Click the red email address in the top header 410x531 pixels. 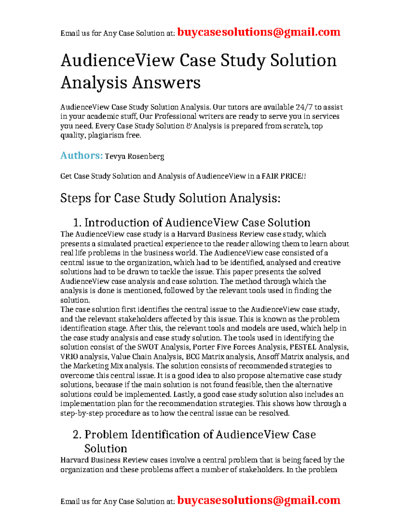click(259, 32)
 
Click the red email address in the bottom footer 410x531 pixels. click(259, 500)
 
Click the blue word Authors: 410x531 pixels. click(81, 156)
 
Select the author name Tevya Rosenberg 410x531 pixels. click(134, 157)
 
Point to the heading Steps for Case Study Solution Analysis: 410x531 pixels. click(170, 198)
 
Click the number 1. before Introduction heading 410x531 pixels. click(77, 223)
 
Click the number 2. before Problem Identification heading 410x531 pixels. click(77, 435)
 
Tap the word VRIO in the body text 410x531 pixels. click(69, 357)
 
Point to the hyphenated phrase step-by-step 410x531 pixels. click(82, 413)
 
